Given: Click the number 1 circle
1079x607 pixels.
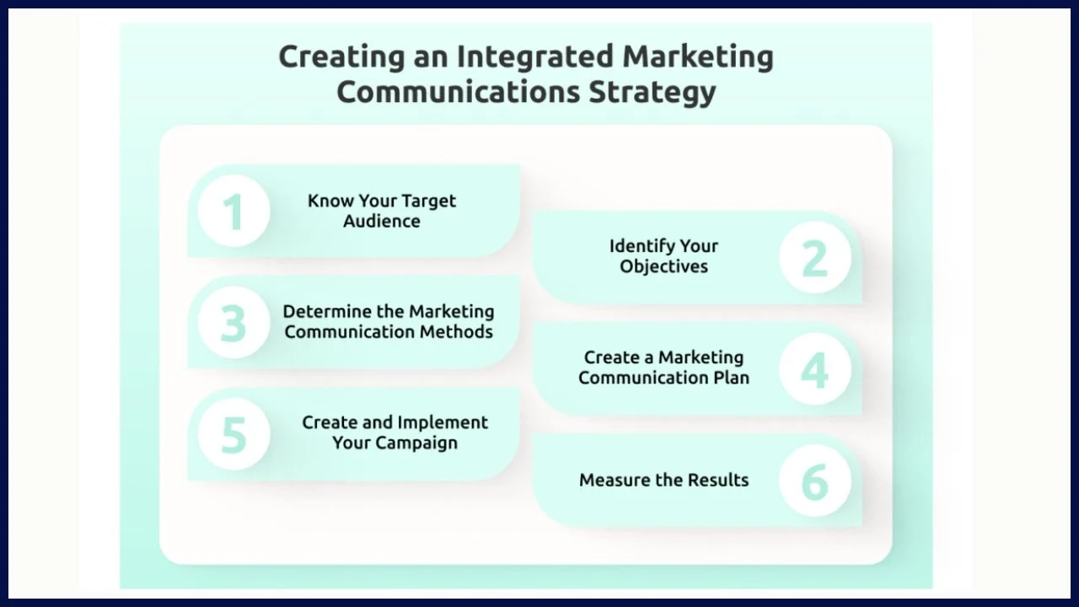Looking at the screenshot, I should tap(234, 211).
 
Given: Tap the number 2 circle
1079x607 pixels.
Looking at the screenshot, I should tap(815, 257).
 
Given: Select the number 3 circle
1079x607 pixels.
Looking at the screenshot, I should tap(234, 323).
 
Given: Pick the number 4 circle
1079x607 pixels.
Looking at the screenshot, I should tap(815, 369).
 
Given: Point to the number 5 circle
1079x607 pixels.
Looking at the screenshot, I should tap(234, 435).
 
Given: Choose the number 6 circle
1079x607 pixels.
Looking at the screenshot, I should tap(815, 481).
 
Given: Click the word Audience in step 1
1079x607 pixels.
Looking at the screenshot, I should tap(382, 222).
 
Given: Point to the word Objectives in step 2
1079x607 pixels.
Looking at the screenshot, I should tap(664, 267).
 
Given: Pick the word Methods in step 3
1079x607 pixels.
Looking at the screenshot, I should tap(459, 332).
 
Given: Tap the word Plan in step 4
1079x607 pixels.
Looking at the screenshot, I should tap(730, 378).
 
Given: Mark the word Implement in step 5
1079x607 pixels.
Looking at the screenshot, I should tap(443, 423).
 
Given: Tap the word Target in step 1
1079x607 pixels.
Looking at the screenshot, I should tap(428, 201).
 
